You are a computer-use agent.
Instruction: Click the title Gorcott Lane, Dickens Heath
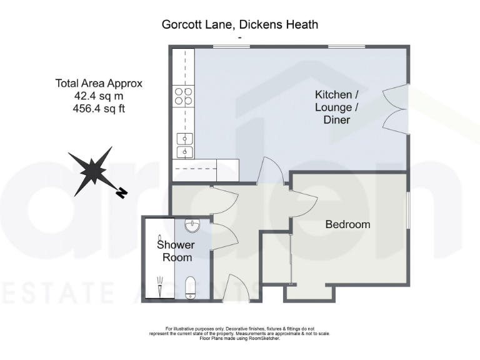tap(240, 25)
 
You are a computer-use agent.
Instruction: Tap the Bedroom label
tap(347, 224)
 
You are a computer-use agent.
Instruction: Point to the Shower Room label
tap(176, 251)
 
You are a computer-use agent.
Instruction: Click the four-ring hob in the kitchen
tap(184, 96)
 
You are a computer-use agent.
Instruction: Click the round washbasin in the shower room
tap(192, 226)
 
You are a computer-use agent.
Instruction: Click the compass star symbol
tap(92, 169)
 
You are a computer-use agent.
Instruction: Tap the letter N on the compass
tap(122, 192)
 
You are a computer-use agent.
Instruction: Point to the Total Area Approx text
tap(99, 83)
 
